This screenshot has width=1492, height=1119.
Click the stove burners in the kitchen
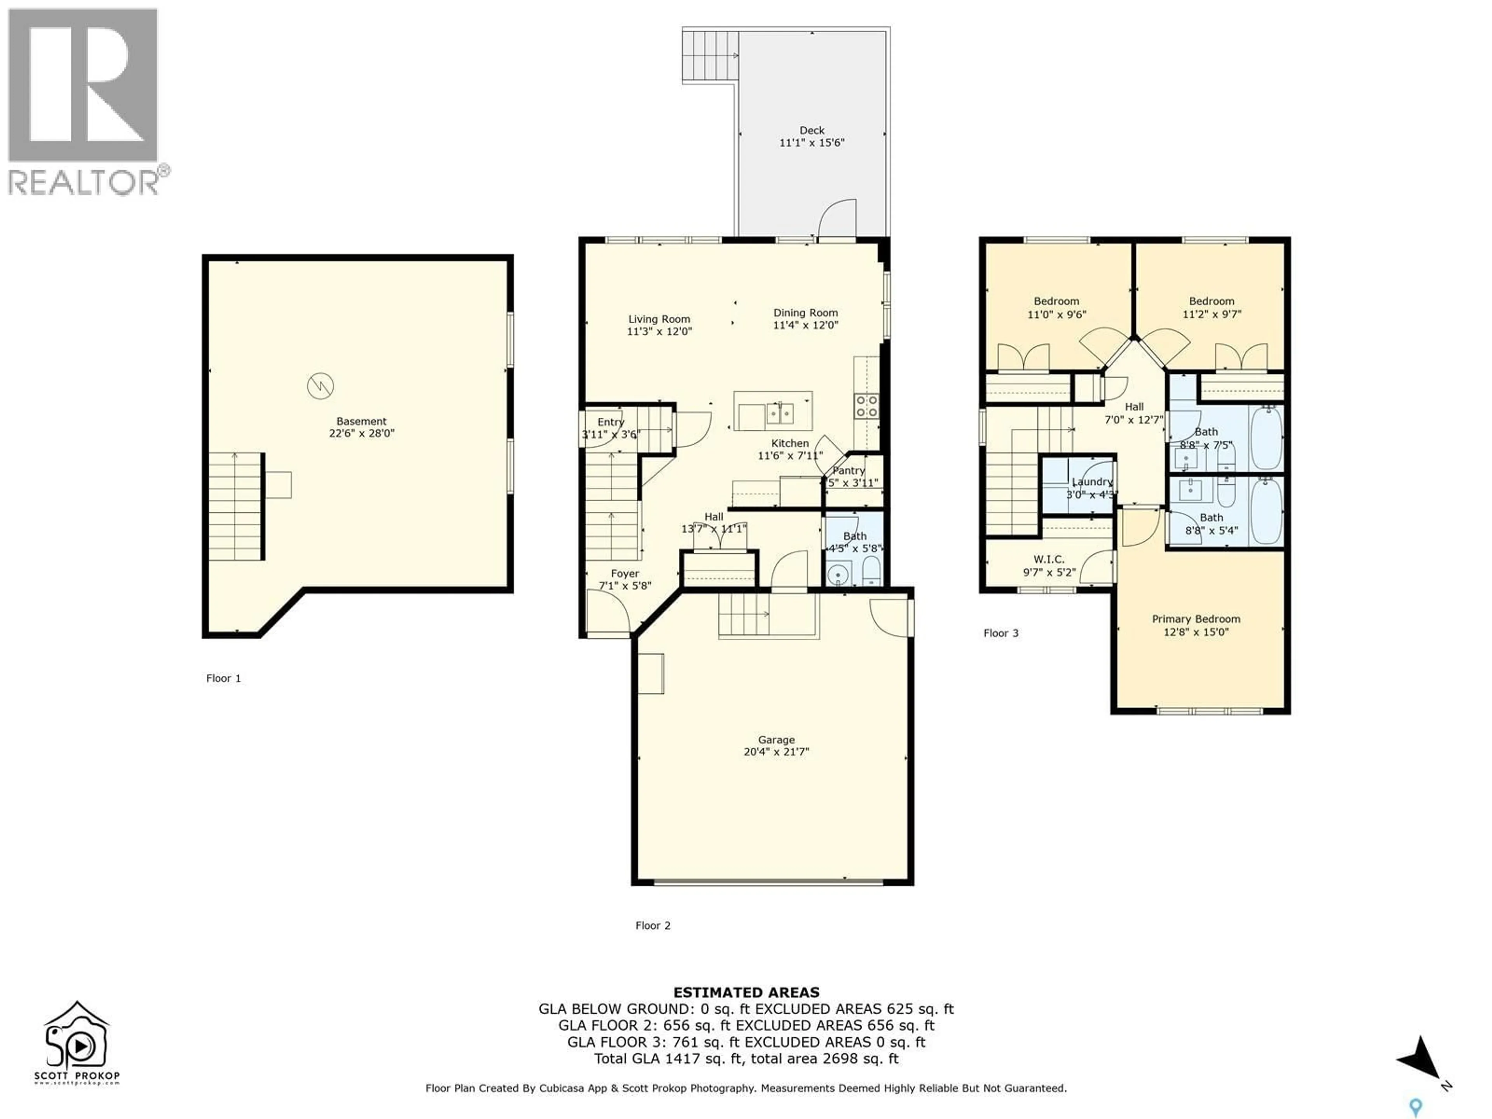(866, 406)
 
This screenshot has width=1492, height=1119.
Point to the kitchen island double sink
(779, 412)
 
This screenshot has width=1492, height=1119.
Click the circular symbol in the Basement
(321, 386)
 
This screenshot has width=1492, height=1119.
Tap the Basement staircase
(235, 507)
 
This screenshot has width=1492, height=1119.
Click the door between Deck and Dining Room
(837, 219)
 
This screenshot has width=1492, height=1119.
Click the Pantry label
(849, 470)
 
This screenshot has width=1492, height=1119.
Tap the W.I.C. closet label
(1049, 559)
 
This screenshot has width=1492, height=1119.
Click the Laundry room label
(1092, 481)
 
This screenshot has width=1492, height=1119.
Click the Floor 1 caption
(223, 678)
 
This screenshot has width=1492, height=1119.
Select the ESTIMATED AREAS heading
(746, 992)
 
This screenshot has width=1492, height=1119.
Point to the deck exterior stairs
(710, 55)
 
